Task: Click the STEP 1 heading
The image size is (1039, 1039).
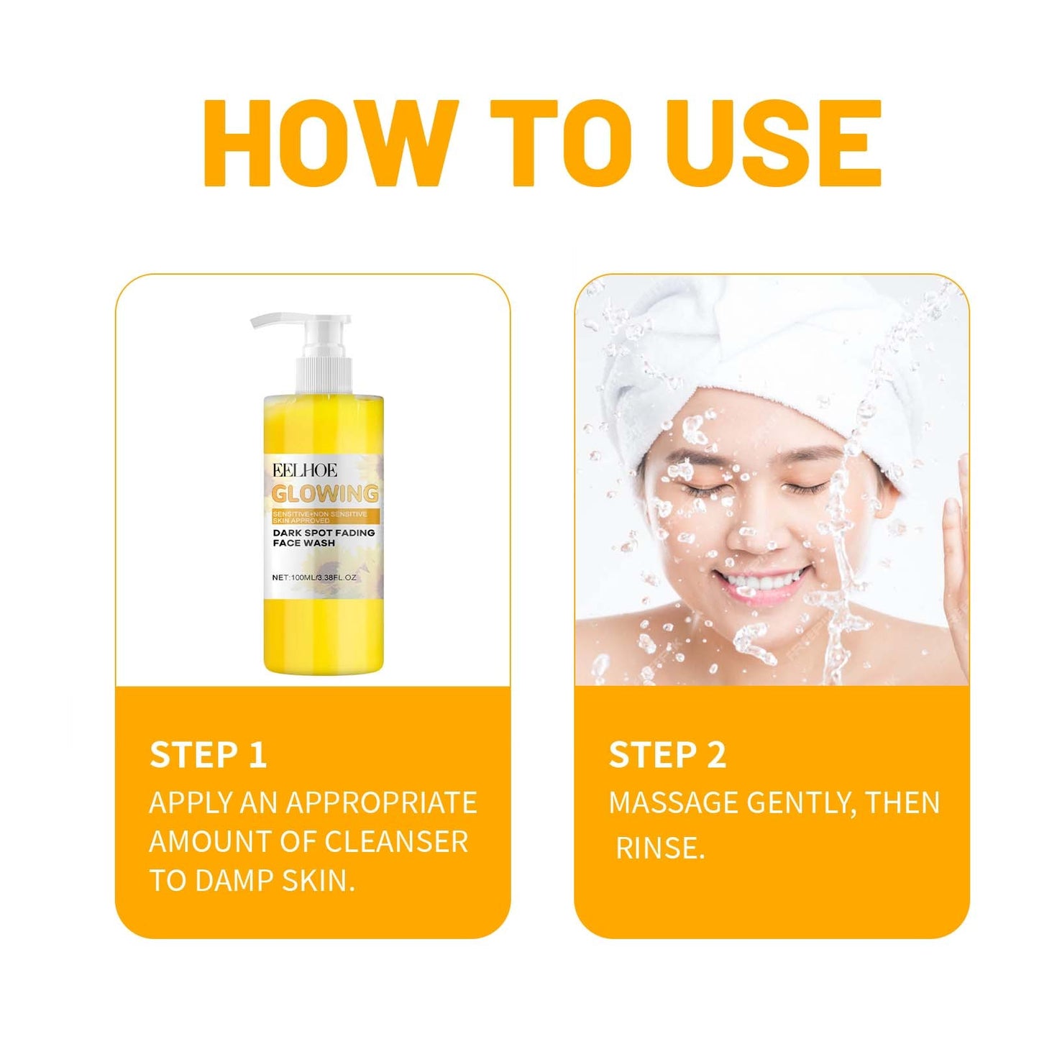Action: [208, 755]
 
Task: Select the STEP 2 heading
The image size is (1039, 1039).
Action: [667, 755]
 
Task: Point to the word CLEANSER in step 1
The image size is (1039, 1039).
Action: [396, 842]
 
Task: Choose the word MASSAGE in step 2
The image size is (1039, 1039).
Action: [673, 802]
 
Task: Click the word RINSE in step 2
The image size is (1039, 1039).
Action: [660, 848]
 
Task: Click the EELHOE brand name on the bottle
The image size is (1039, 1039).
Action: [304, 471]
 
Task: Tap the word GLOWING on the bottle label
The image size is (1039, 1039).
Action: [325, 494]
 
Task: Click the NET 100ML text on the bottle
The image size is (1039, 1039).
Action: [314, 577]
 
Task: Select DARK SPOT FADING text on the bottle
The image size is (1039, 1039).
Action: [324, 533]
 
